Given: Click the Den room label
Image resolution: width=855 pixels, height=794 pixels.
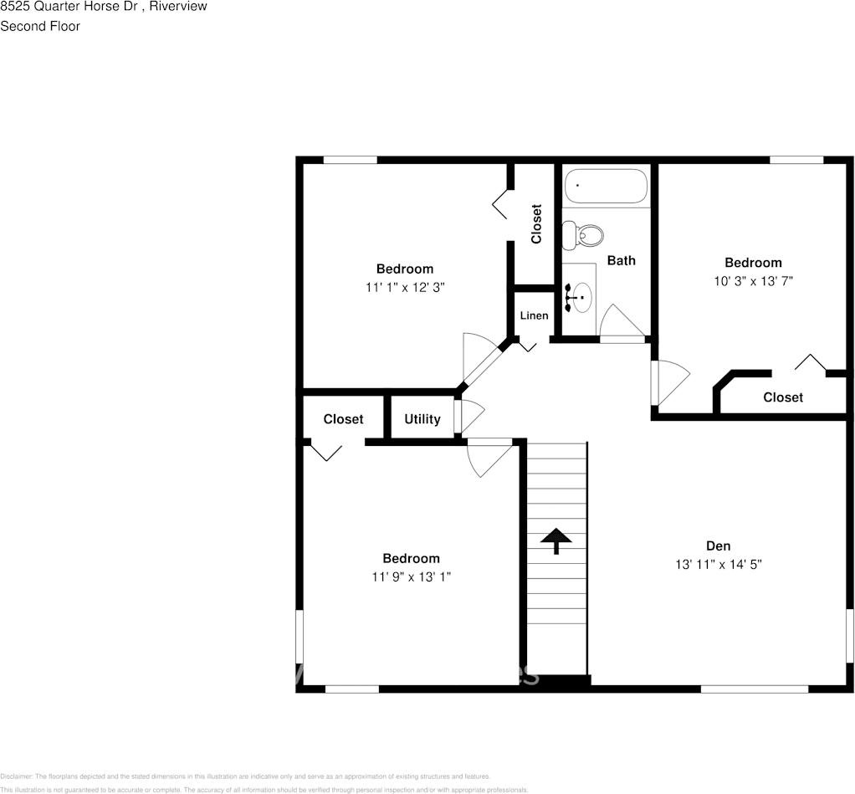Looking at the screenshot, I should [x=719, y=546].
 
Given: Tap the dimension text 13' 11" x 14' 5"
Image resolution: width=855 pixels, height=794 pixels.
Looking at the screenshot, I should [x=719, y=565].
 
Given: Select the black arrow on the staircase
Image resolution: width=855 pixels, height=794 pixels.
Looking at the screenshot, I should [x=554, y=540].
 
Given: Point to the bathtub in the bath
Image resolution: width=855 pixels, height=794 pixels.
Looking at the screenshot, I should [x=606, y=186].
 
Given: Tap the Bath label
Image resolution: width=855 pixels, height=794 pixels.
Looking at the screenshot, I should [x=621, y=260].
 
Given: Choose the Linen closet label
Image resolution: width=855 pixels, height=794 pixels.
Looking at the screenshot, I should [x=534, y=315].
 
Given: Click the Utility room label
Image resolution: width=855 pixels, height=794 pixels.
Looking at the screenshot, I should [x=422, y=419].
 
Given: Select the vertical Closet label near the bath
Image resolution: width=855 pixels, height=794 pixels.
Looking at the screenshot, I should [x=536, y=223].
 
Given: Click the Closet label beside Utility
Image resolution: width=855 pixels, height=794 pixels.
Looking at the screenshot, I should [x=343, y=419].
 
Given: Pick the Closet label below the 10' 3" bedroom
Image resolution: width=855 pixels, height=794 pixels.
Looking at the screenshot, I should [x=782, y=397].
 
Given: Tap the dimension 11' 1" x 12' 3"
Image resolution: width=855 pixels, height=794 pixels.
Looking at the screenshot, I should [x=405, y=287].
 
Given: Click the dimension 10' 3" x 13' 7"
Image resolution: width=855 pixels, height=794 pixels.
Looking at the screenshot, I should [x=753, y=281].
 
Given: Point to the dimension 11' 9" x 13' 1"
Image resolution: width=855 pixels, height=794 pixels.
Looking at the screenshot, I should [x=411, y=576].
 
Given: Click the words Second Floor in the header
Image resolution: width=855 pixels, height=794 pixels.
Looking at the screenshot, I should [x=40, y=26].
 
